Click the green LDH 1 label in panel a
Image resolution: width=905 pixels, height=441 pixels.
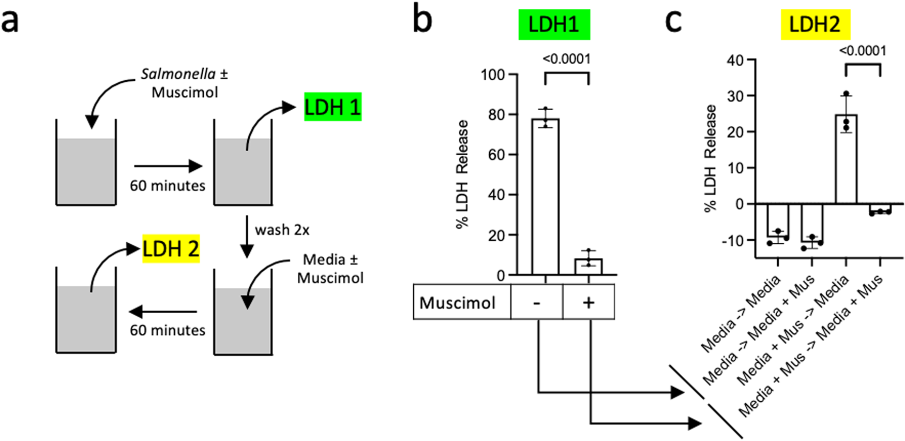[333, 107]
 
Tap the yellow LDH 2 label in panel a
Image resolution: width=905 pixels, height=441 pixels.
[171, 249]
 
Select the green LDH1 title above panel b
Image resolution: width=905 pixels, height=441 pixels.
[554, 24]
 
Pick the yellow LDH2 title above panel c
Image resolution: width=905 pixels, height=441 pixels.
[814, 24]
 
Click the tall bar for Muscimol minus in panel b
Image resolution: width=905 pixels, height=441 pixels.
[545, 197]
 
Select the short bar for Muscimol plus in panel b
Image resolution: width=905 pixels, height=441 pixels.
[589, 267]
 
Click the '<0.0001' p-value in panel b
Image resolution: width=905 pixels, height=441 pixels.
[567, 59]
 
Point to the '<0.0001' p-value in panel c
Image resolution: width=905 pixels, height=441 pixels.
[863, 51]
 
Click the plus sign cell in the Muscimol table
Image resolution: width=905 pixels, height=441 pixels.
[589, 302]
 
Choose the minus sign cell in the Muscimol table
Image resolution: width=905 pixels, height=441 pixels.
[537, 302]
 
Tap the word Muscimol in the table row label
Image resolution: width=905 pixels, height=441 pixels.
[458, 302]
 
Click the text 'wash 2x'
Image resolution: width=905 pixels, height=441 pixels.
[282, 230]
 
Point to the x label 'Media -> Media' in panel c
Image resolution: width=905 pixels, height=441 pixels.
[741, 315]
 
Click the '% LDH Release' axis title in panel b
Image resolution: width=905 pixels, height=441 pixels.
[462, 174]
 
